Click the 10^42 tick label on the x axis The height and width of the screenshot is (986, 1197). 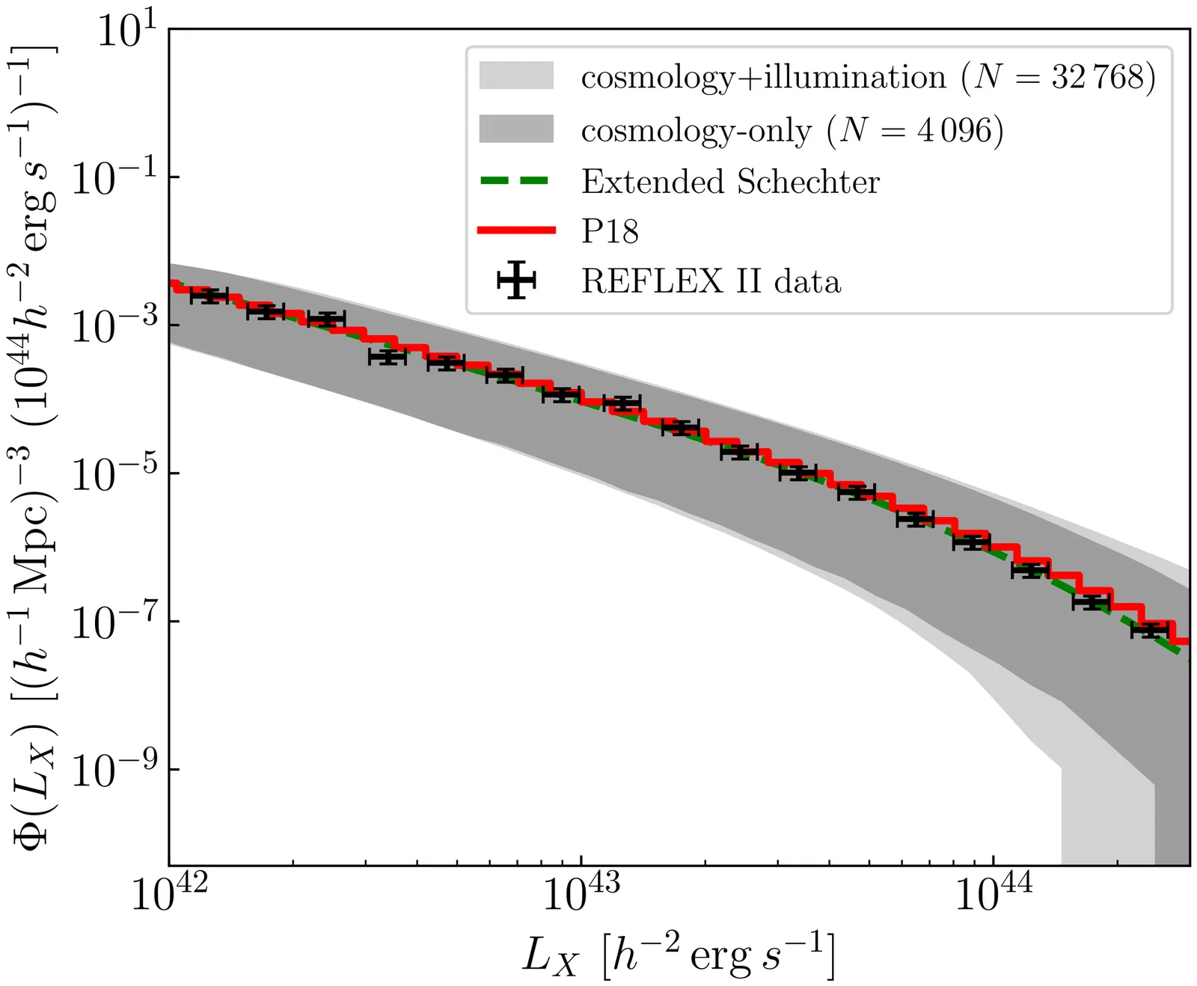pos(169,892)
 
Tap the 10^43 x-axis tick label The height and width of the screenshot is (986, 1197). pos(581,892)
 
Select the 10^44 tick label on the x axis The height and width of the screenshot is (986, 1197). pos(994,892)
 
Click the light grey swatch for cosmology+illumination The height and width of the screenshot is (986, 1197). pos(516,76)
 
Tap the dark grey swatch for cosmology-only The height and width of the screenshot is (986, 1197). pos(516,129)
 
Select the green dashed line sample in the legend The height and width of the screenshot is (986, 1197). pos(516,181)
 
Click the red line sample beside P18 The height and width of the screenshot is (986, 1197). pos(516,230)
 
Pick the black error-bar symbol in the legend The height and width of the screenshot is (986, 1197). pos(516,281)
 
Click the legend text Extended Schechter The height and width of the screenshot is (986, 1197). pos(730,182)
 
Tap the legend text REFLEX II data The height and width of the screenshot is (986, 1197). pos(711,281)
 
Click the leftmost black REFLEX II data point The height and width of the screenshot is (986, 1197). pos(209,296)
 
